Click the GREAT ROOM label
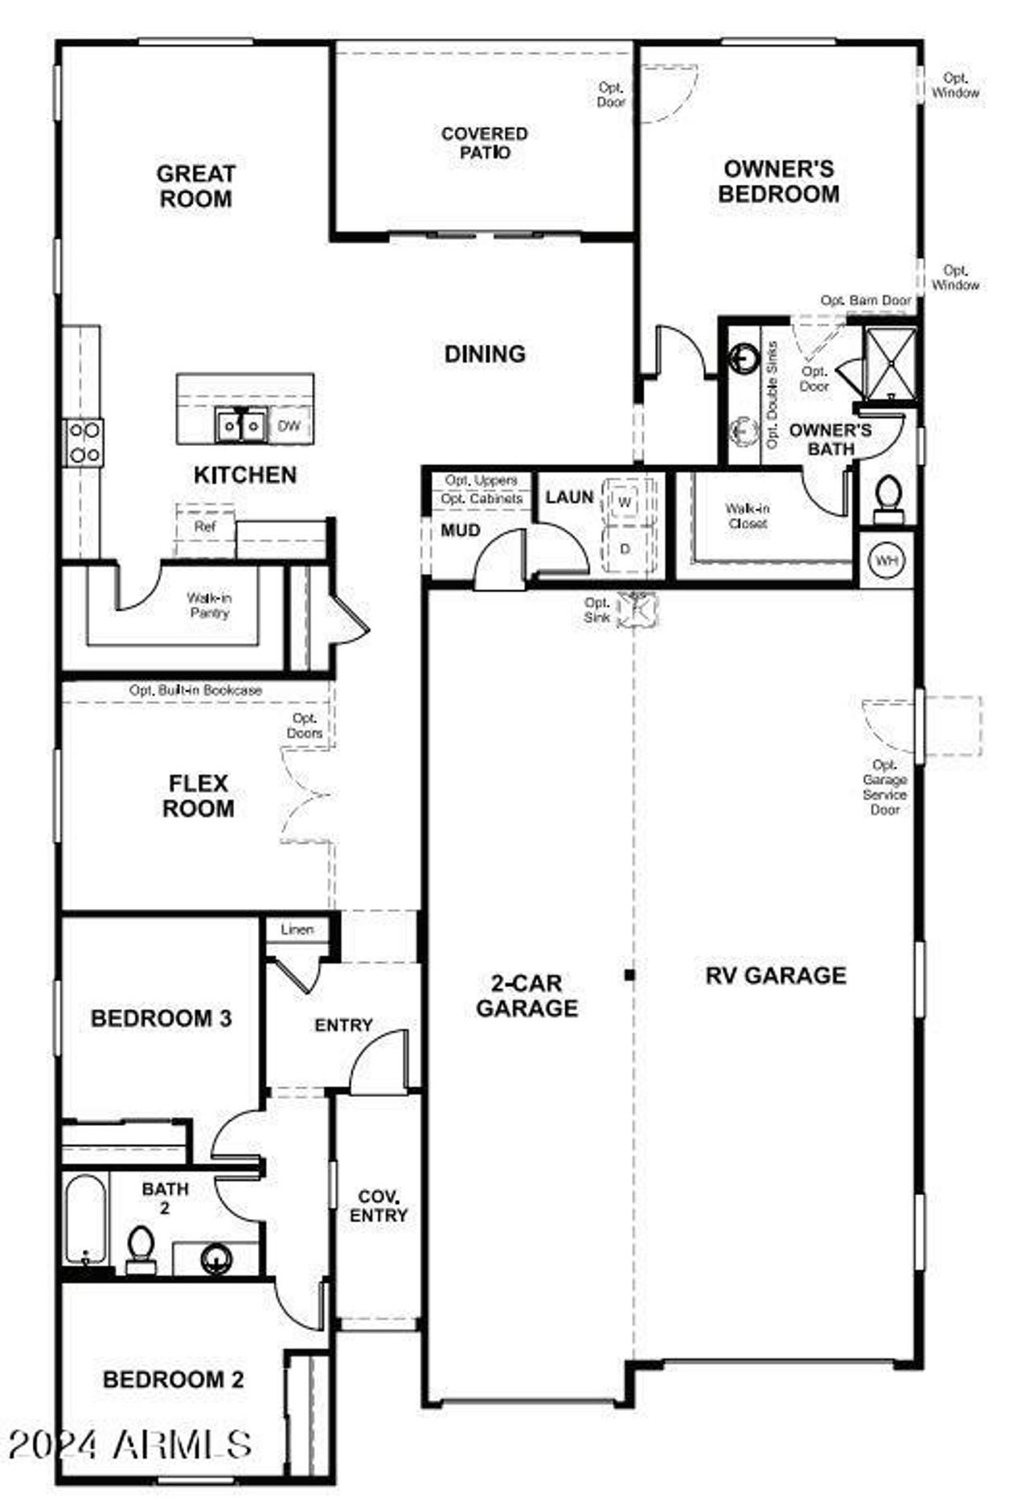(x=195, y=186)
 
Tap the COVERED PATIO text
(x=484, y=143)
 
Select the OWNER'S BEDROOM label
(x=778, y=182)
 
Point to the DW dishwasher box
(x=289, y=425)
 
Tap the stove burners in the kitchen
(x=84, y=443)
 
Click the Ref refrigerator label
(x=205, y=527)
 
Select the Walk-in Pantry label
(x=209, y=605)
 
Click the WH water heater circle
(x=887, y=560)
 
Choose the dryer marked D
(x=625, y=550)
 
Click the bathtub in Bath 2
(x=85, y=1221)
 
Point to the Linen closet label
(x=297, y=929)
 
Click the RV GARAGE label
(x=776, y=976)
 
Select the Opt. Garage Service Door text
(x=884, y=787)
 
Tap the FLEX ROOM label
(x=199, y=796)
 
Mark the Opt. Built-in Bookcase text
(x=195, y=690)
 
